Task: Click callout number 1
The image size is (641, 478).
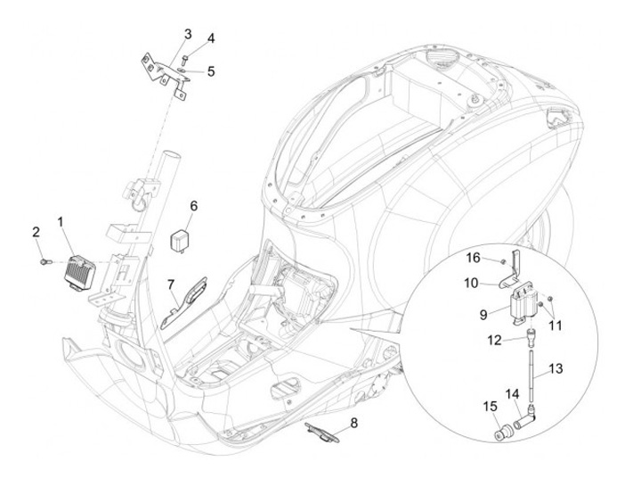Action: pyautogui.click(x=61, y=219)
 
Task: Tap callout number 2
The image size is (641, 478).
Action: pyautogui.click(x=37, y=233)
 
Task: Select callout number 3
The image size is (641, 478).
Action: pyautogui.click(x=188, y=34)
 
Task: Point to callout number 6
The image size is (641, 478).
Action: pyautogui.click(x=193, y=207)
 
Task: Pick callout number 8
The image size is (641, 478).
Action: pyautogui.click(x=354, y=423)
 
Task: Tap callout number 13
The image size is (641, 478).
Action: pyautogui.click(x=580, y=367)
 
